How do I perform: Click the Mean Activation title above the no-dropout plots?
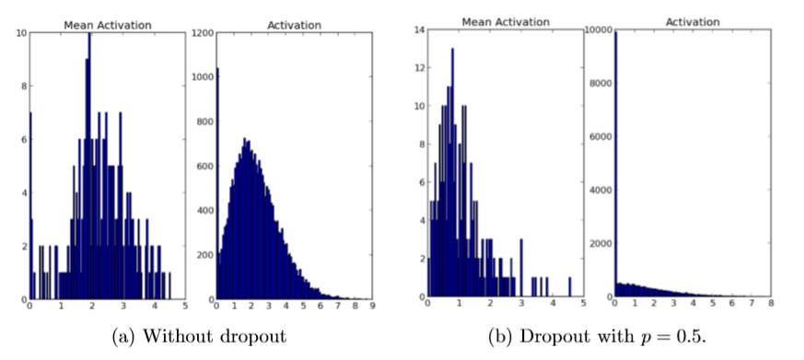point(106,24)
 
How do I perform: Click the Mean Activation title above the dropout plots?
point(505,21)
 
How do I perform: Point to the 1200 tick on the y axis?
point(202,32)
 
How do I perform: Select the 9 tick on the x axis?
point(372,308)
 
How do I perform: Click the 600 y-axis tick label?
point(204,166)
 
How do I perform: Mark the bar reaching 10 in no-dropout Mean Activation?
point(89,166)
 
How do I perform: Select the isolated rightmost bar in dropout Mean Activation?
point(569,287)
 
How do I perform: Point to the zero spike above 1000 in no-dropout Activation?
point(217,184)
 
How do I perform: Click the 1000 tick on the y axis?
point(202,76)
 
